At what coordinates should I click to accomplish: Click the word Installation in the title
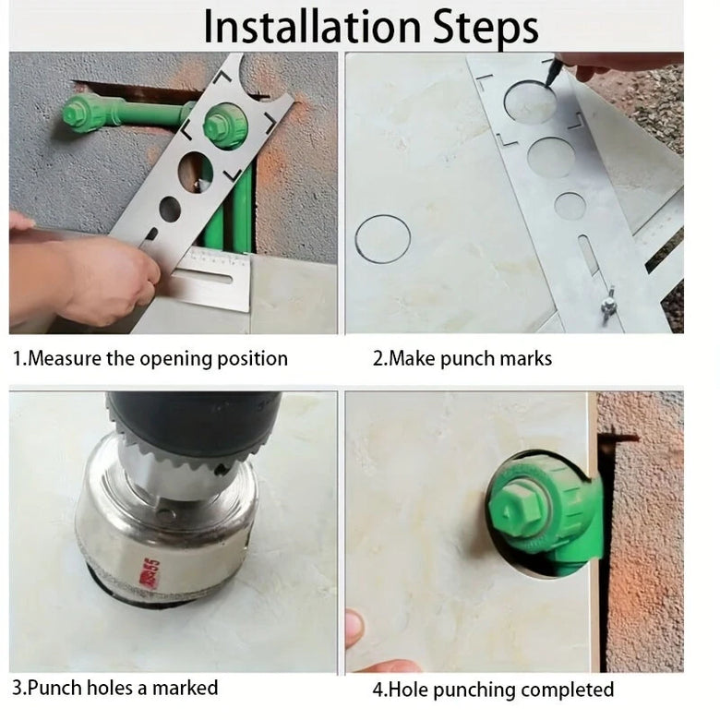point(312,27)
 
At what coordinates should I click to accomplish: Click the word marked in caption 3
point(185,688)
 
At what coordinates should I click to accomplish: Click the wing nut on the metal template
point(609,303)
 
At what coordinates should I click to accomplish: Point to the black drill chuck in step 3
point(193,418)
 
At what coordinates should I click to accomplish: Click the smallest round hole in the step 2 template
point(570,206)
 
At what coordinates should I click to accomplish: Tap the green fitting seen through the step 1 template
point(225,125)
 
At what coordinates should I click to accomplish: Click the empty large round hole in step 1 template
point(196,173)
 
